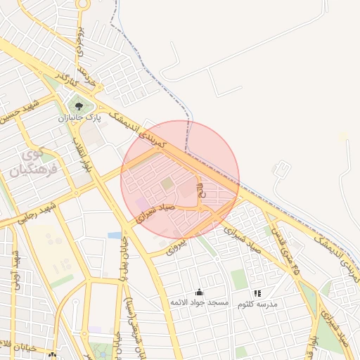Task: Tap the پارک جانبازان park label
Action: click(79, 118)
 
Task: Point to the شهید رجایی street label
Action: click(34, 214)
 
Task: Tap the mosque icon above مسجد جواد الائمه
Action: click(199, 292)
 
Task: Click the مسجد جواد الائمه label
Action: click(199, 302)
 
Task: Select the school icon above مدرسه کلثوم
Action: click(257, 292)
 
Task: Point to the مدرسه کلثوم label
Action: click(257, 304)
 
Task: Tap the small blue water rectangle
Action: click(115, 236)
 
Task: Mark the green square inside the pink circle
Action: click(167, 184)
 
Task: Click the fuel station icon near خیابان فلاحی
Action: click(51, 355)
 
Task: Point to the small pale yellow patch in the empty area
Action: click(343, 136)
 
